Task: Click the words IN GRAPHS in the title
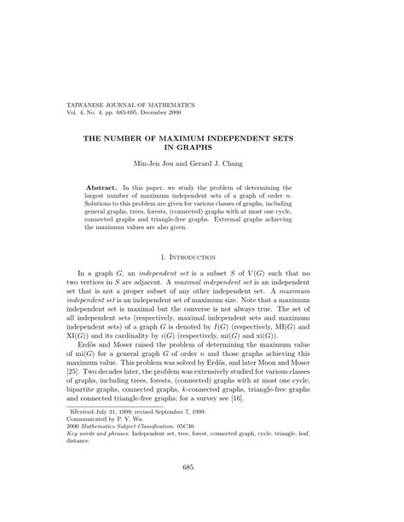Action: pyautogui.click(x=202, y=146)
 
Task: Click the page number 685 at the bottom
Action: pyautogui.click(x=202, y=491)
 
